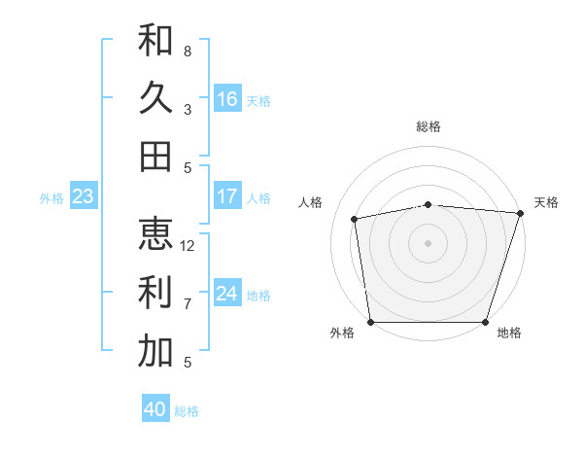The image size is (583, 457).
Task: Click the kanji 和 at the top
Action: click(155, 40)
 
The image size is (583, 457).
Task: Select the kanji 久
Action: click(155, 98)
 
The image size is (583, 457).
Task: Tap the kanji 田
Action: click(155, 157)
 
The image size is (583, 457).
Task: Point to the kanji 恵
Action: click(155, 234)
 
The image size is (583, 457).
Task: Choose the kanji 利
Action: click(155, 293)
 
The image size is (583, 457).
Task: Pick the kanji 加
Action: click(155, 351)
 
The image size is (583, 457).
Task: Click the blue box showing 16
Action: click(227, 99)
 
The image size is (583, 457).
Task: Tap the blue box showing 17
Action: click(227, 196)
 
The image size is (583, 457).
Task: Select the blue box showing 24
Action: click(227, 294)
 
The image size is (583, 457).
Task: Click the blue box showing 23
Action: click(83, 196)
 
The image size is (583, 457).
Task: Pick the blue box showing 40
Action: click(155, 409)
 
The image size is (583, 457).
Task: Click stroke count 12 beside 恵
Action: click(188, 246)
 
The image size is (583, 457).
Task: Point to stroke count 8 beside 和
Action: click(188, 51)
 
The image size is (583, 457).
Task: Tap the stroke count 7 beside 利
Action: click(188, 304)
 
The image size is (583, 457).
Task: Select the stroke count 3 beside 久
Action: click(188, 110)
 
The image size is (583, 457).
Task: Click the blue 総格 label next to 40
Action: click(188, 411)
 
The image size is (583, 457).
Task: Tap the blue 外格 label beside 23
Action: click(51, 198)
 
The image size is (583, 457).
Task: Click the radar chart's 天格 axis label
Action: click(546, 202)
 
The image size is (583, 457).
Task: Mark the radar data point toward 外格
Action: click(370, 322)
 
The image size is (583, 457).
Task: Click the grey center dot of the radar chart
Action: click(428, 242)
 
